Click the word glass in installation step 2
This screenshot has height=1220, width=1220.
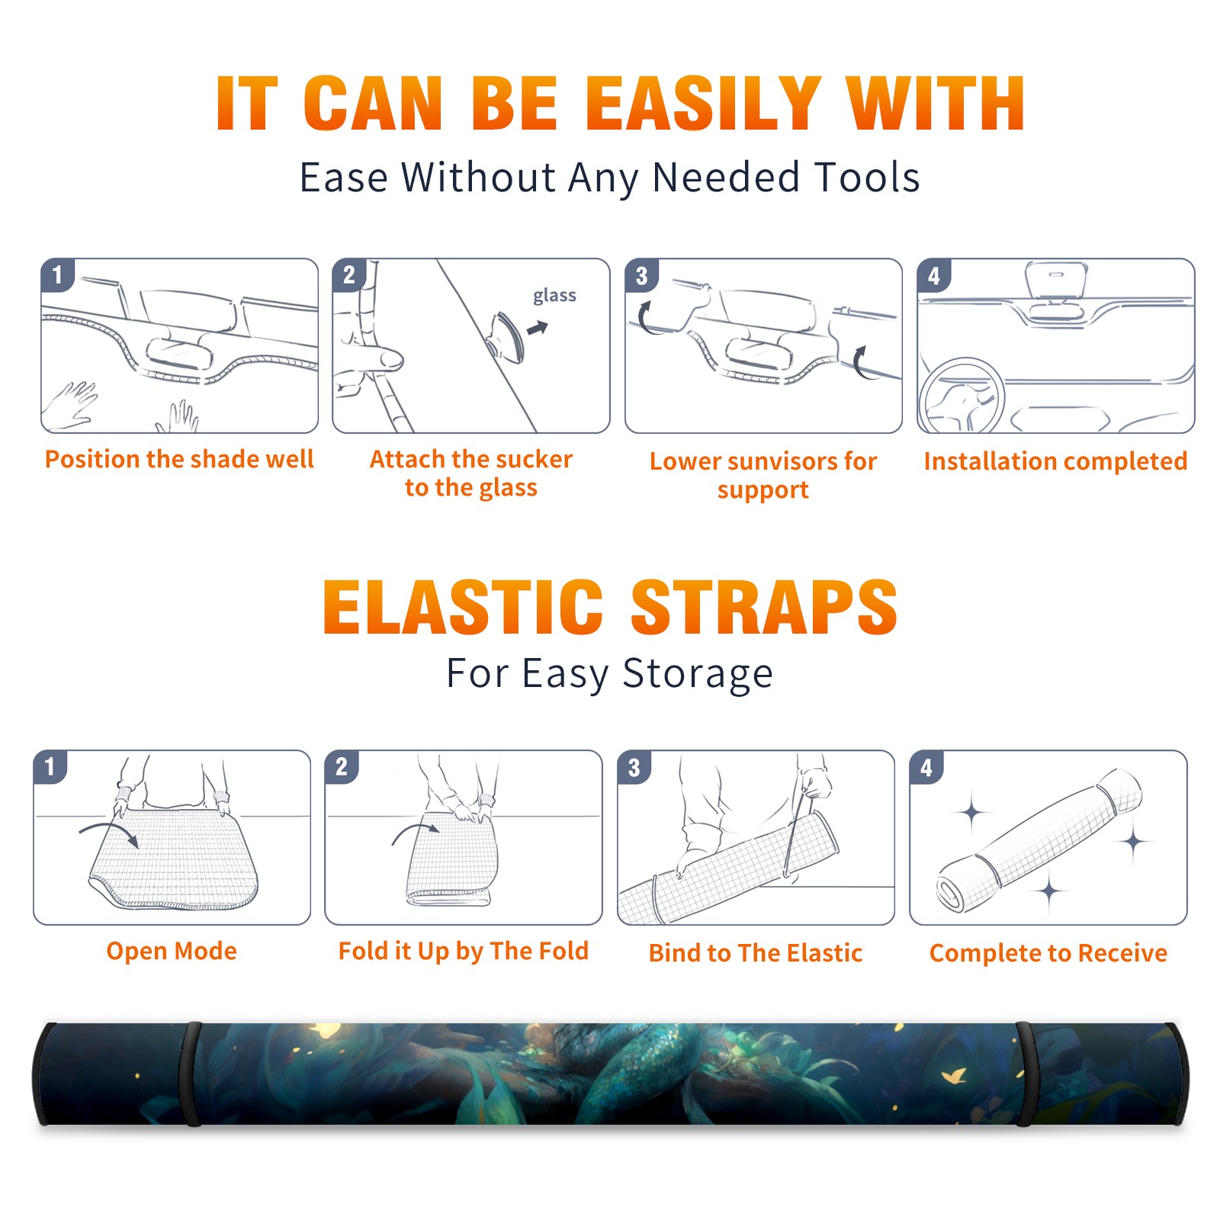pyautogui.click(x=554, y=296)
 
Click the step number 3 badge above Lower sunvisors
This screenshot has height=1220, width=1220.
pyautogui.click(x=641, y=275)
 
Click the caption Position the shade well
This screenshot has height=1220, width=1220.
pyautogui.click(x=179, y=459)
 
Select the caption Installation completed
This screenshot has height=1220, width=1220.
pyautogui.click(x=1055, y=461)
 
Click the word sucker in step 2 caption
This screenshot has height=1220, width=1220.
pyautogui.click(x=534, y=459)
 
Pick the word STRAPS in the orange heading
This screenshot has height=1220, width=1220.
pyautogui.click(x=764, y=607)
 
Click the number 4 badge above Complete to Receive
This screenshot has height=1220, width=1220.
pyautogui.click(x=926, y=767)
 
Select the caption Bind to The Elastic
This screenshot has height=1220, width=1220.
pyautogui.click(x=756, y=953)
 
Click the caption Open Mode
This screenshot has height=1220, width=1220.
pyautogui.click(x=172, y=951)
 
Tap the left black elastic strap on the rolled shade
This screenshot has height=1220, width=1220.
pyautogui.click(x=191, y=1074)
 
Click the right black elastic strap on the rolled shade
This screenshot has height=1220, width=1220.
pyautogui.click(x=1025, y=1074)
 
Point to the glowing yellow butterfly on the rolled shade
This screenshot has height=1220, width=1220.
pyautogui.click(x=953, y=1076)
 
